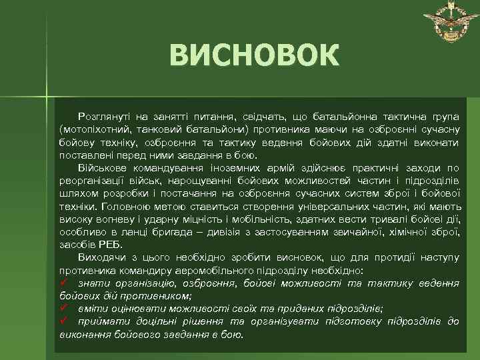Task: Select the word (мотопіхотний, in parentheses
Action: pyautogui.click(x=93, y=125)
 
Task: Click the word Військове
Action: pyautogui.click(x=105, y=167)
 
